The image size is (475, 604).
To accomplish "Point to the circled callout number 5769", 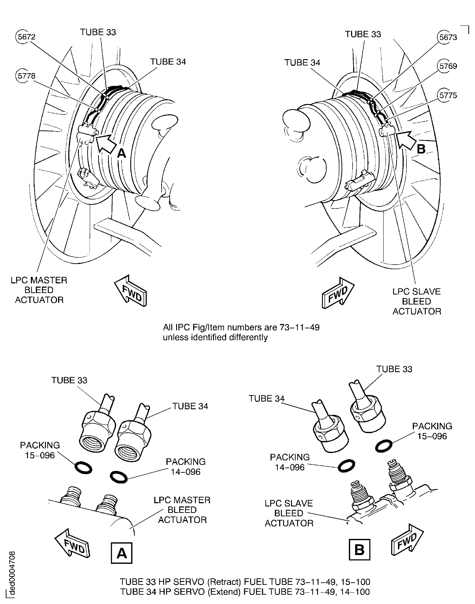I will tap(447, 66).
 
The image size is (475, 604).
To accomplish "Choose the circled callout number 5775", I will tap(447, 95).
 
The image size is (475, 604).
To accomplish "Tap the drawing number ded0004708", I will tap(12, 573).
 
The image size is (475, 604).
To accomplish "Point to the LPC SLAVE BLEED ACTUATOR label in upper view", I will tap(416, 301).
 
